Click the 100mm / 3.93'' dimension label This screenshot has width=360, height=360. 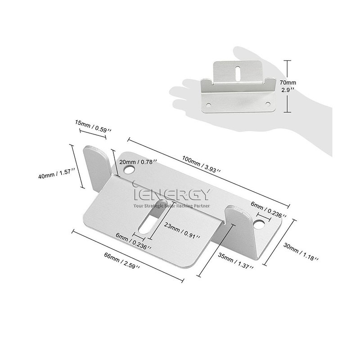tap(201, 164)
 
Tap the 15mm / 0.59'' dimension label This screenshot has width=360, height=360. tap(93, 126)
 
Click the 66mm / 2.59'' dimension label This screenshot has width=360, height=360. tap(122, 261)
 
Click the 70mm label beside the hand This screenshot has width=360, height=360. tap(288, 82)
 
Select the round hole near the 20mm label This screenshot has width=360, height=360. tap(129, 170)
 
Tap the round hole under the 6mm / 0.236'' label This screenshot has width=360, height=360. tap(259, 224)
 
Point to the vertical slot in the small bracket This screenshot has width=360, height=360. tap(238, 73)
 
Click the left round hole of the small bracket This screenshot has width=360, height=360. tap(208, 105)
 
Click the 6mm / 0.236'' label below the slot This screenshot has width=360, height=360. tap(133, 241)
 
